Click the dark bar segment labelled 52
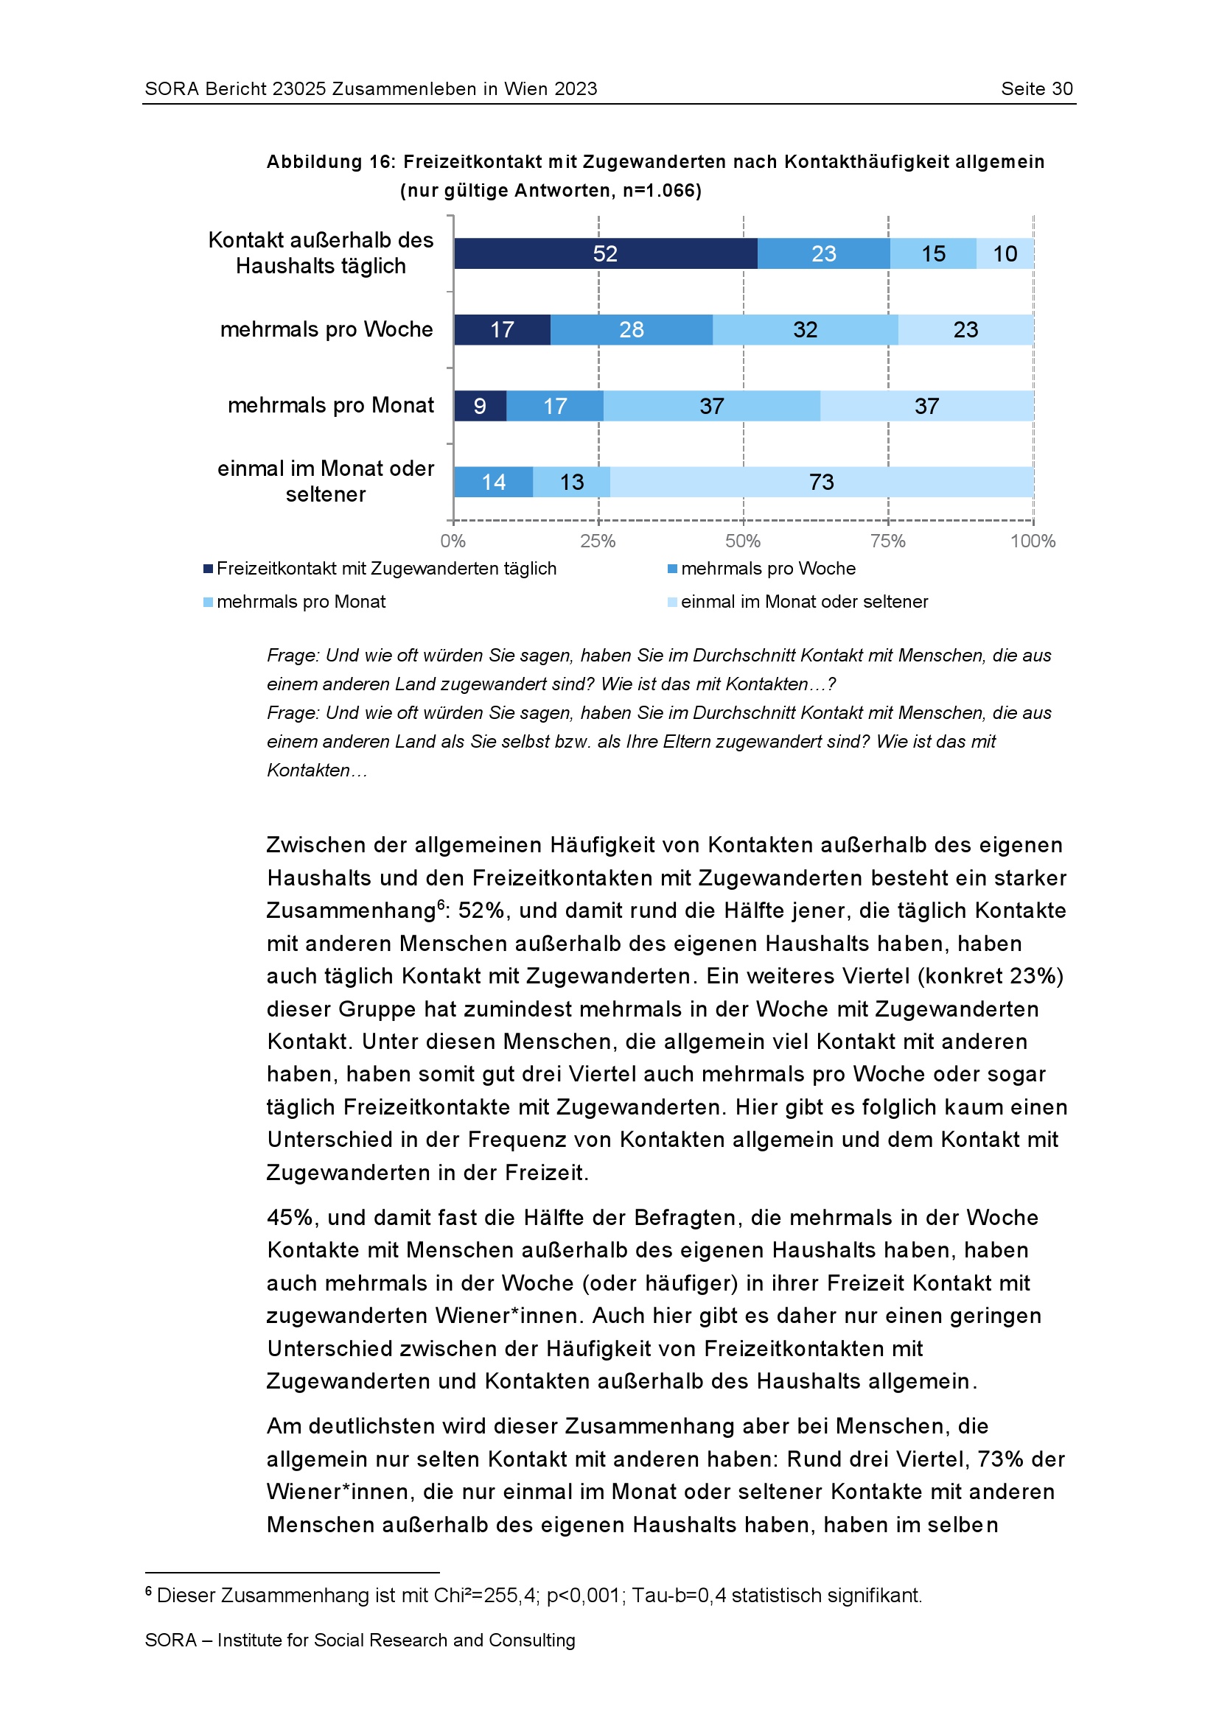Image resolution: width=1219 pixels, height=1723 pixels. tap(605, 253)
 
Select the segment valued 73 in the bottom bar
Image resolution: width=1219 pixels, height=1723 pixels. tap(821, 482)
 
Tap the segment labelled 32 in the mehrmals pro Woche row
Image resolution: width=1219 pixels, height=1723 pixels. tap(805, 329)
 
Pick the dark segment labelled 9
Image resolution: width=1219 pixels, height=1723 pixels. tap(480, 406)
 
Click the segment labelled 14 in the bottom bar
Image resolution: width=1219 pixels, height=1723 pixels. tap(493, 482)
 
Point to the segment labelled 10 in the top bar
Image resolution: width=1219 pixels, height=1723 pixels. tap(1005, 253)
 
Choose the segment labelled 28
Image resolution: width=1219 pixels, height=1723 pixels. tap(632, 329)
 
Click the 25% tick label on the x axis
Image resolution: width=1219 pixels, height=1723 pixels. tap(598, 541)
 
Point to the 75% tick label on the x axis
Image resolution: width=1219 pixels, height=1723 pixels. tap(887, 541)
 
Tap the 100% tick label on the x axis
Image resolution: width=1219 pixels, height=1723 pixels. tap(1032, 541)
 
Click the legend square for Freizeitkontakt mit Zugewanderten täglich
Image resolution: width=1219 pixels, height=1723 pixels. tap(208, 569)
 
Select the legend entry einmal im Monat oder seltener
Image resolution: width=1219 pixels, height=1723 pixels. tap(804, 602)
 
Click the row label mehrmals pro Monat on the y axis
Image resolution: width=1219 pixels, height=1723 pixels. tap(330, 405)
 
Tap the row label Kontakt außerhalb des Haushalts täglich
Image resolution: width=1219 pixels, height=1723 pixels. tap(321, 253)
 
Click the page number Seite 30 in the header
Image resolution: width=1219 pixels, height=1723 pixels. tap(1037, 88)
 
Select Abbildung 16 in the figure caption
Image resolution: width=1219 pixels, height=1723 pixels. tap(331, 162)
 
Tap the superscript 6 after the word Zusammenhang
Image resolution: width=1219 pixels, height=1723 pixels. tap(441, 905)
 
